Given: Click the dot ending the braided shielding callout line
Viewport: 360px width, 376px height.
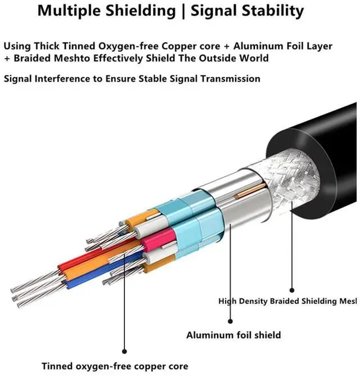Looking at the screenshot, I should point(291,289).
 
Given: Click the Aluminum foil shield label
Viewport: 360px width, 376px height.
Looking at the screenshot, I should point(233,335).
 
